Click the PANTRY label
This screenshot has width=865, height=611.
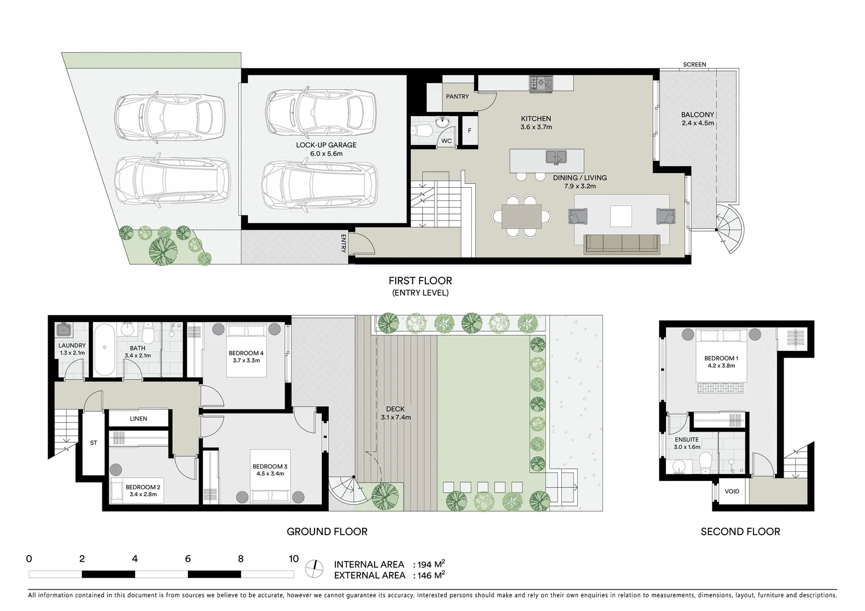(457, 97)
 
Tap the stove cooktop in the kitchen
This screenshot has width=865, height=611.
(540, 84)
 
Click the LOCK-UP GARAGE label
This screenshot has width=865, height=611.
(326, 145)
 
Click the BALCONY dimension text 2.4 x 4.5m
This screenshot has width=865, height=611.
(698, 123)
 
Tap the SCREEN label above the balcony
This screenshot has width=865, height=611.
(694, 64)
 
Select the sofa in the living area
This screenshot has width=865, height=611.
(622, 243)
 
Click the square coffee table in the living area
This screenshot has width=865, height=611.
(621, 216)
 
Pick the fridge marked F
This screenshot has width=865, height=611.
(470, 131)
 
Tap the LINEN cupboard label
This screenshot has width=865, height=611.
(139, 419)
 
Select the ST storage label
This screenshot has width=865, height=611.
(93, 443)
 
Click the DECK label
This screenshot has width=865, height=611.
(395, 409)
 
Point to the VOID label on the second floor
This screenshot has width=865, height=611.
(731, 491)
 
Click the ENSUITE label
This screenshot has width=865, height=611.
(686, 440)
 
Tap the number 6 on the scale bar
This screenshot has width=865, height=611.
(188, 559)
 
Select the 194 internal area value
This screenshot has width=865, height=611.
(426, 565)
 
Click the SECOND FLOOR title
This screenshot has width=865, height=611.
(740, 532)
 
